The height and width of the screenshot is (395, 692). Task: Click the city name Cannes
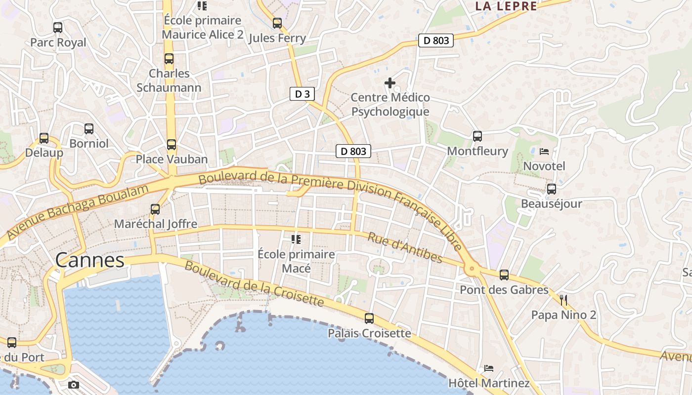89,260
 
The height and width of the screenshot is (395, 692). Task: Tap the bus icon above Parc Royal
58,28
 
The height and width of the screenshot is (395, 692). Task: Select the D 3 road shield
302,94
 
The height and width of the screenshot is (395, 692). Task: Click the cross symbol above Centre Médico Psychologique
390,82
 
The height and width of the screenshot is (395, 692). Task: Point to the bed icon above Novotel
544,151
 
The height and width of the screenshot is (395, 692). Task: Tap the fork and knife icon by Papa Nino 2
563,300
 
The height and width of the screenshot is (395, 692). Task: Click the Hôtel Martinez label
488,383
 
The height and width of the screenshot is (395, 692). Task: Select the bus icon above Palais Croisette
369,318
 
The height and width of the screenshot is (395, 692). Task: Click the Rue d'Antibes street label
405,247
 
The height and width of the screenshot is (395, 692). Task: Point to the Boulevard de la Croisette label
254,284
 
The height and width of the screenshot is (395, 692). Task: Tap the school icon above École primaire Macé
296,239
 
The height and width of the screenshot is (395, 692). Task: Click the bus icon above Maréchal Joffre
155,209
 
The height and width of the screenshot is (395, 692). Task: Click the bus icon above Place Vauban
172,145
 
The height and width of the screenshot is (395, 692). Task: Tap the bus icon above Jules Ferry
277,23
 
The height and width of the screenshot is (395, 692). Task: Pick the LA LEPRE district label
506,6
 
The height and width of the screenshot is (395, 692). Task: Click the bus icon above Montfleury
477,136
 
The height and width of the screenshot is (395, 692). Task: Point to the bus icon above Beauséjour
552,189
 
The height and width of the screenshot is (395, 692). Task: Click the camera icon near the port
74,385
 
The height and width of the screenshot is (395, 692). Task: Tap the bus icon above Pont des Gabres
504,275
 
